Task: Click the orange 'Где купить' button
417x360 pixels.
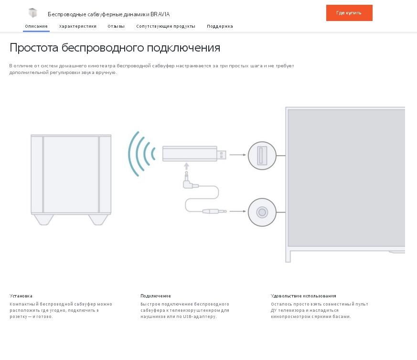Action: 349,13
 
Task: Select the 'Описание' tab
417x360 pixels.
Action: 36,26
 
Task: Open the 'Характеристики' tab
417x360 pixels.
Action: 78,26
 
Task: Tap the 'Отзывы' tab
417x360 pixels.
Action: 116,26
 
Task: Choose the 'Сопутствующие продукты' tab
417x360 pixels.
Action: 166,26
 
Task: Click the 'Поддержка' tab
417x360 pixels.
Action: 220,26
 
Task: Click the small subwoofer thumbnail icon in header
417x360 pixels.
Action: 32,13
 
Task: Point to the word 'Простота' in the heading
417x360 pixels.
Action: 34,48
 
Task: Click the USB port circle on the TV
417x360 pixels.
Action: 262,156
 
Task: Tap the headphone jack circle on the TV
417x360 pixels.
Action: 262,212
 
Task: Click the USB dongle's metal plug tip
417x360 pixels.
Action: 221,155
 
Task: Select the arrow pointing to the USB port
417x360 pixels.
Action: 237,155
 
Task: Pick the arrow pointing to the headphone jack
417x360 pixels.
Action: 237,212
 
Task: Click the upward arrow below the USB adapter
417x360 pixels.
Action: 186,166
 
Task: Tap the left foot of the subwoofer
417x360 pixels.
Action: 44,220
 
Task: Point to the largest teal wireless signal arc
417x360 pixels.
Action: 132,154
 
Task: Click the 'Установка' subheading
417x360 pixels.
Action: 21,296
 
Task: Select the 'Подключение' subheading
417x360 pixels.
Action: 156,296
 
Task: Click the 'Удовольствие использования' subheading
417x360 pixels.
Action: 303,296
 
